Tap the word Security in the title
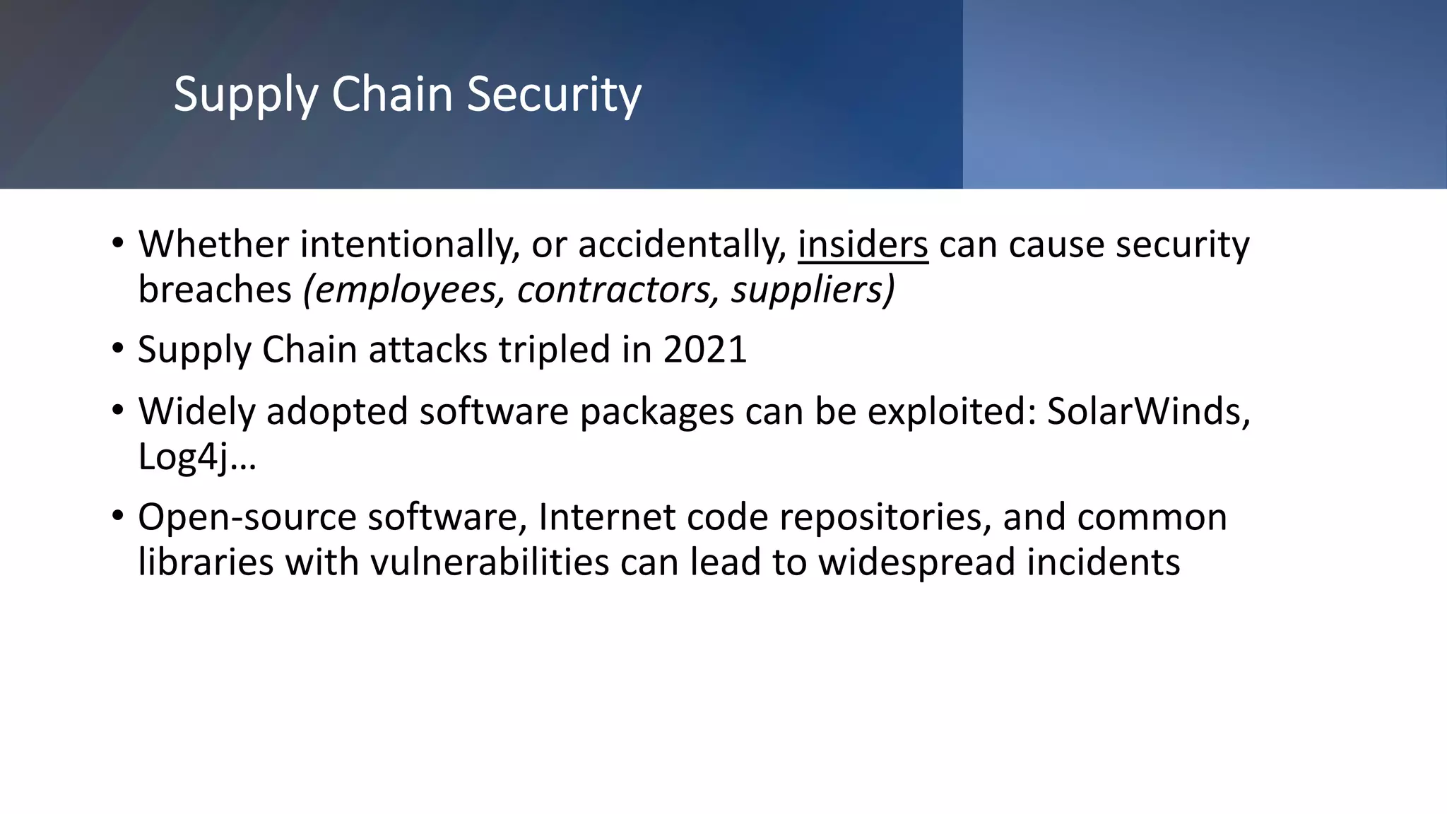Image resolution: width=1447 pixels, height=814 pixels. tap(554, 95)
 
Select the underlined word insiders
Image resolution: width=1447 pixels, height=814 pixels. tap(863, 245)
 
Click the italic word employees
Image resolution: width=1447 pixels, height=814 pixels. tap(403, 290)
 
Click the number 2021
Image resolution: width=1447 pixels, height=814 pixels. tap(704, 350)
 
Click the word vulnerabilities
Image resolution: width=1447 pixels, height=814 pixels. tap(490, 562)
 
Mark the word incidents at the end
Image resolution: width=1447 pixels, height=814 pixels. tap(1103, 562)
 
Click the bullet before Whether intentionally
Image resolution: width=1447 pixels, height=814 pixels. tap(117, 244)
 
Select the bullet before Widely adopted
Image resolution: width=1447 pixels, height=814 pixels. tap(117, 410)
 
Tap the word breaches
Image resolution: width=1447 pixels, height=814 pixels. tap(215, 290)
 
